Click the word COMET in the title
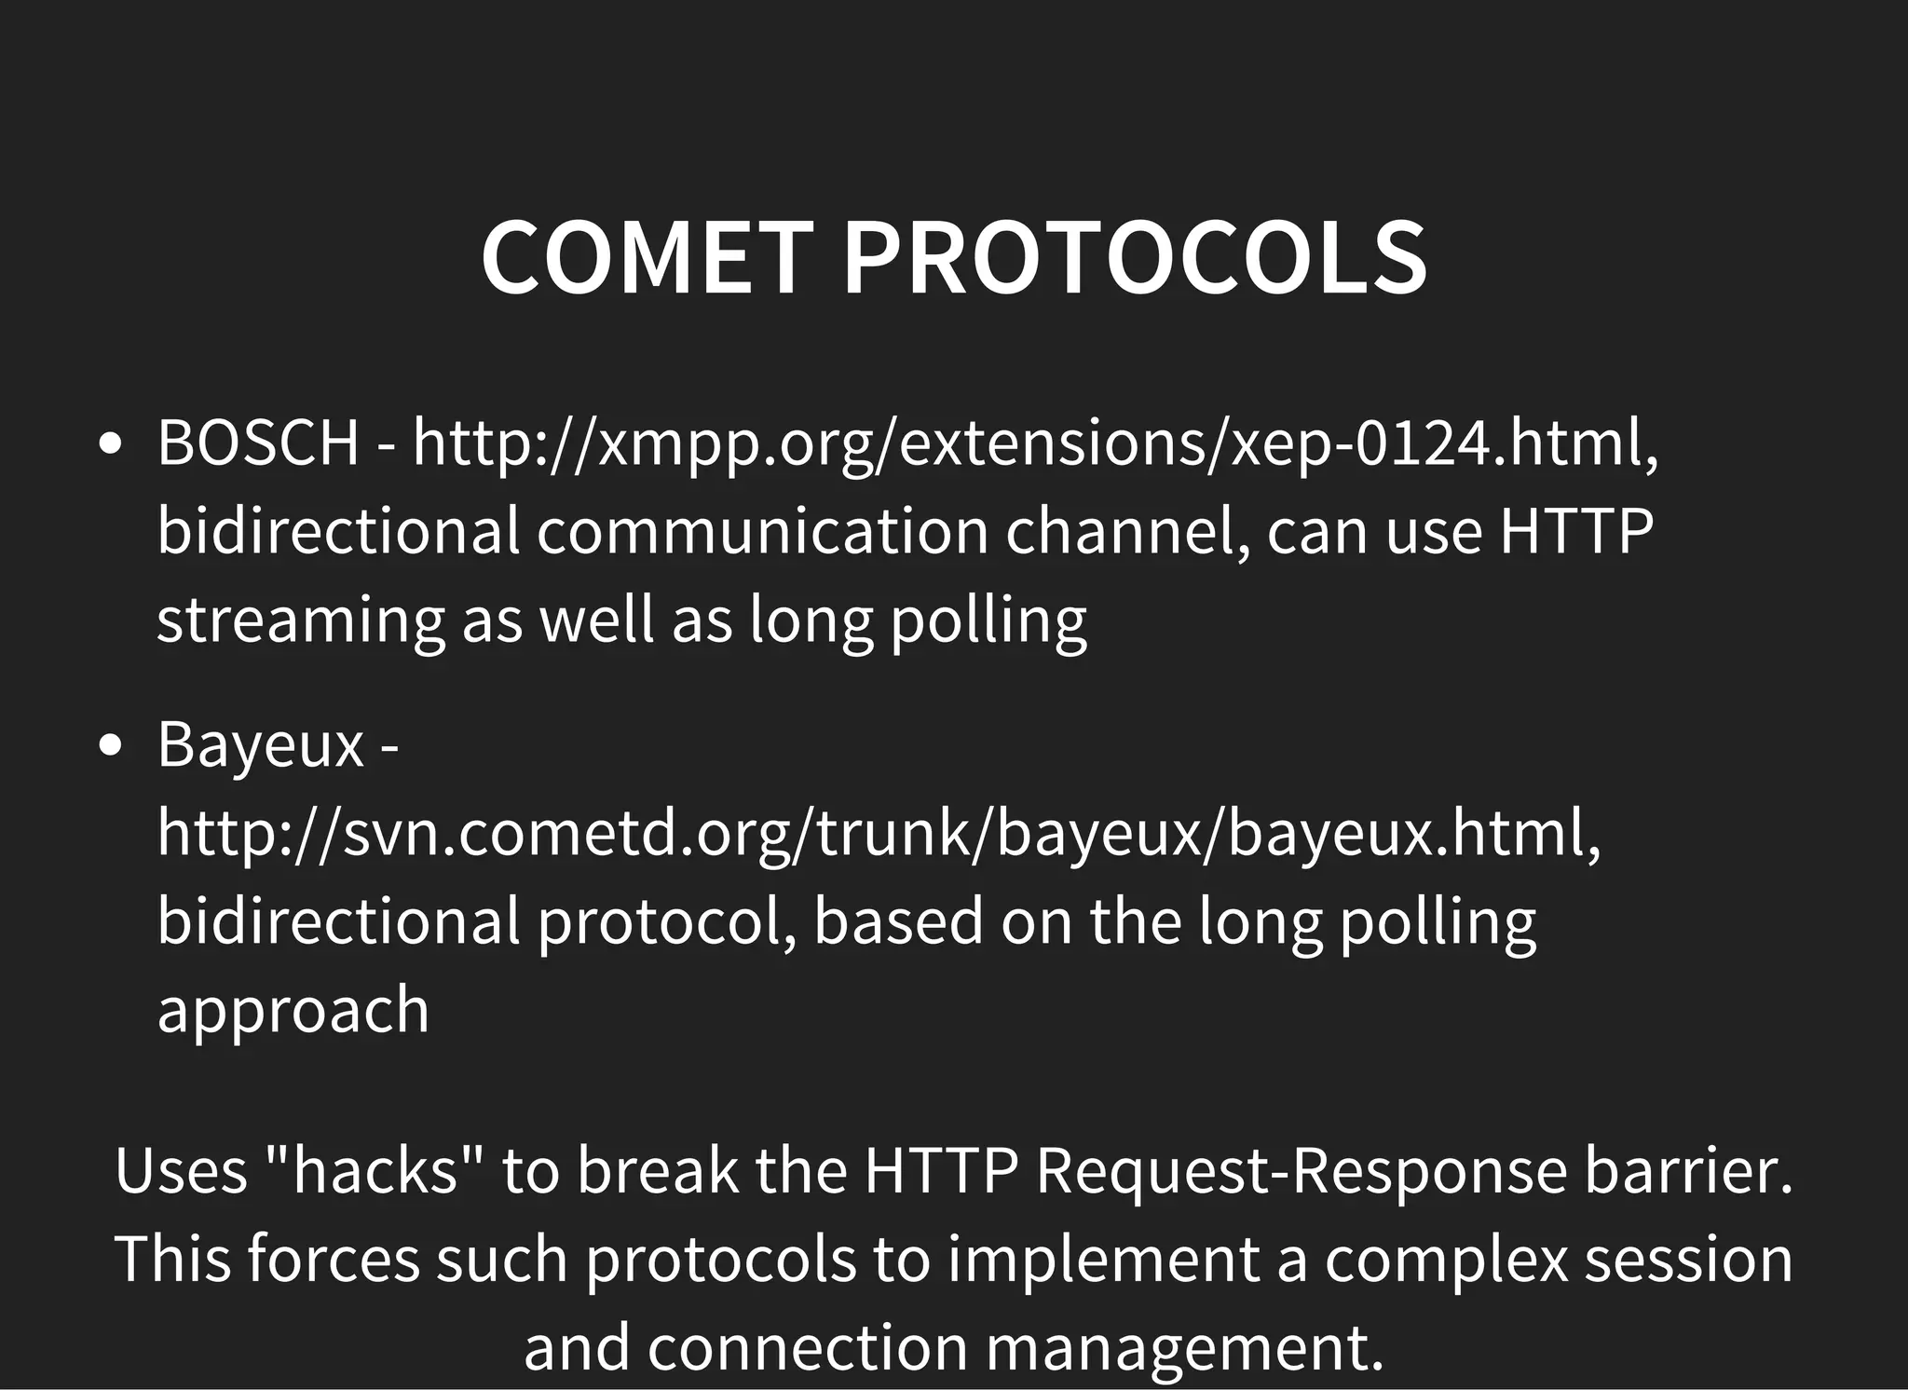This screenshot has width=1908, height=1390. (x=647, y=258)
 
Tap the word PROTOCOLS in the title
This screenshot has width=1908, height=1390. (x=1134, y=258)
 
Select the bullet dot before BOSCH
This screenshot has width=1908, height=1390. (x=111, y=444)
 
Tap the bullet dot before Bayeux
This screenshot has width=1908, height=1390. (x=111, y=746)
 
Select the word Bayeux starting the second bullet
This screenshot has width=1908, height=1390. (x=260, y=746)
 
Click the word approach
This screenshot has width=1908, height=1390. (x=293, y=1011)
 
